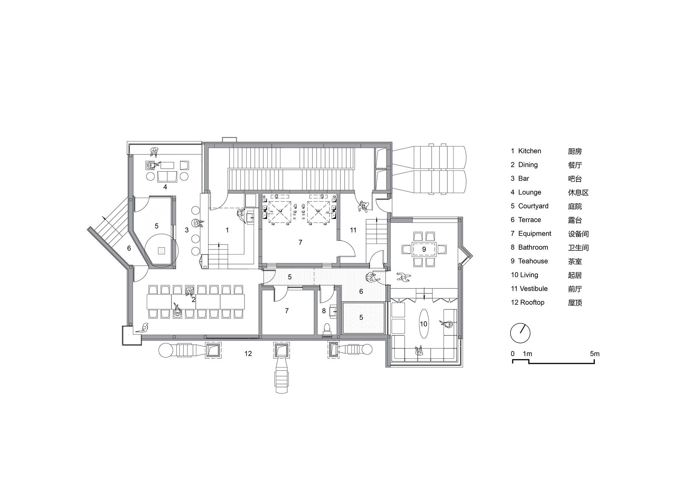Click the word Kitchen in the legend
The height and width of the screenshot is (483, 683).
point(530,151)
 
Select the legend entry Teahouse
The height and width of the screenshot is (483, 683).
point(533,261)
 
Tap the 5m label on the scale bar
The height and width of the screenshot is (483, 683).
point(595,354)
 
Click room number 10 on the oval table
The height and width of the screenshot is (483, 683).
point(423,324)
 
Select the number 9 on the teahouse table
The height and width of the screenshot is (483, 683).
point(424,249)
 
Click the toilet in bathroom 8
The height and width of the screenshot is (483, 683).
point(327,328)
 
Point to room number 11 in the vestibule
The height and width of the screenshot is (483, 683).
point(353,230)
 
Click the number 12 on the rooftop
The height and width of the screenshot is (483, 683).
point(248,354)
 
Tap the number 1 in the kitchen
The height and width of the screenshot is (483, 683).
point(227,230)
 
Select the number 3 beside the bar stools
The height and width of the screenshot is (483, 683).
point(187,230)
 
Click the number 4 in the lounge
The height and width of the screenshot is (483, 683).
point(165,187)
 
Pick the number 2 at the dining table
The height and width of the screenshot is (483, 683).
point(194,300)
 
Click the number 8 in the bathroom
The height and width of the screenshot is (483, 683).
point(324,311)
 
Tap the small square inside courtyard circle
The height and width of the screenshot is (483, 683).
point(162,251)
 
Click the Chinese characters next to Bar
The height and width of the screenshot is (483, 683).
point(575,179)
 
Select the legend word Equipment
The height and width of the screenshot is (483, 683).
point(535,234)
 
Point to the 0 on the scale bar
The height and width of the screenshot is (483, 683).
point(513,354)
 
